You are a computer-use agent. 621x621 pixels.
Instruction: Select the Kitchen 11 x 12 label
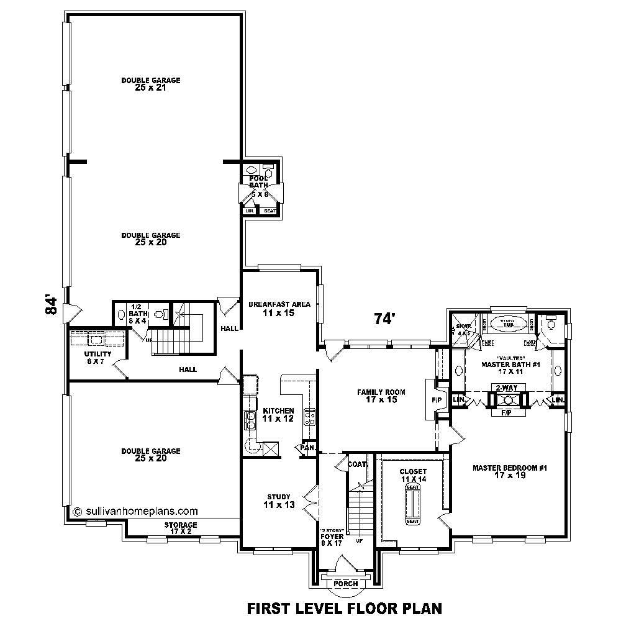pyautogui.click(x=278, y=415)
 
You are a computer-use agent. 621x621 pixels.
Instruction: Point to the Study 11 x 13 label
pyautogui.click(x=274, y=501)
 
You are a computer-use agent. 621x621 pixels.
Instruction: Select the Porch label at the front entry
pyautogui.click(x=345, y=584)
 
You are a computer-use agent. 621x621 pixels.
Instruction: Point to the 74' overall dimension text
pyautogui.click(x=384, y=319)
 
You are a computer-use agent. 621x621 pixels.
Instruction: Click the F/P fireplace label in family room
pyautogui.click(x=436, y=401)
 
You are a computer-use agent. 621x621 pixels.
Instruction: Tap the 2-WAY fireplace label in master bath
pyautogui.click(x=504, y=388)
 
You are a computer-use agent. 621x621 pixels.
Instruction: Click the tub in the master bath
pyautogui.click(x=508, y=324)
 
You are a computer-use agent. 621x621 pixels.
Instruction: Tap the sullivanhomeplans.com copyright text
pyautogui.click(x=135, y=512)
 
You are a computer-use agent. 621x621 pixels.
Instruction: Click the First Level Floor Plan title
pyautogui.click(x=345, y=607)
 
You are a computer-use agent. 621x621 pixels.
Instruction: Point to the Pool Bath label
pyautogui.click(x=258, y=181)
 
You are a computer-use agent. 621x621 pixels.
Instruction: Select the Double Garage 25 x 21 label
pyautogui.click(x=151, y=84)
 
